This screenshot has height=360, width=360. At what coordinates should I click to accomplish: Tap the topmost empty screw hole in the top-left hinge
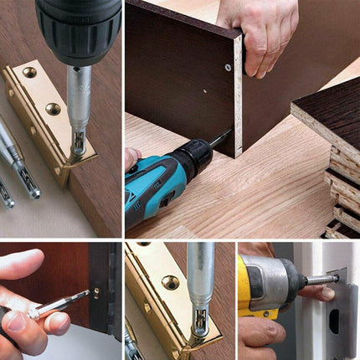pos(29,74)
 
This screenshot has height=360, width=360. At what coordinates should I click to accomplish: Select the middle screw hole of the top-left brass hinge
pos(53,109)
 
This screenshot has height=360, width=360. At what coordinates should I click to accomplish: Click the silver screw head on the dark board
pos(228,67)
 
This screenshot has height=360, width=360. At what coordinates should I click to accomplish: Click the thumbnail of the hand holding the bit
pos(16,321)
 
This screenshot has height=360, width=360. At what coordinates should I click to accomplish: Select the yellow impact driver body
pos(255,285)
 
